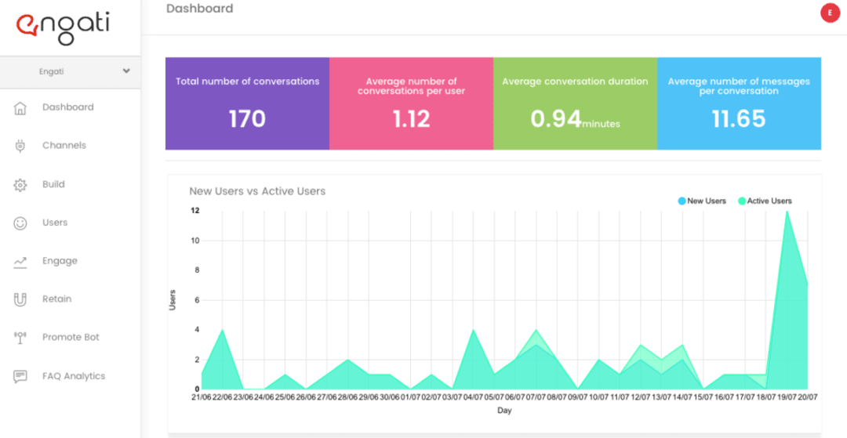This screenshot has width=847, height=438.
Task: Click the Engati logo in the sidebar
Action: tap(63, 27)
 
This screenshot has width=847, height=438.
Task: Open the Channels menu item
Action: tap(64, 146)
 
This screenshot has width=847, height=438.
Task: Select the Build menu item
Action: tap(53, 185)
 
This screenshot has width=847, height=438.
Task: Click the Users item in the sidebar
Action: tap(55, 223)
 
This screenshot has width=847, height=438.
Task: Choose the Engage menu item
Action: tap(60, 261)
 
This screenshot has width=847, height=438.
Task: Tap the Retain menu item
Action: tap(56, 299)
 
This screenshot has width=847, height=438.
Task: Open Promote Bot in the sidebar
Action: tap(71, 338)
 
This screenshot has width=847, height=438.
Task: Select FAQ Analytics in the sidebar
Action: tap(73, 376)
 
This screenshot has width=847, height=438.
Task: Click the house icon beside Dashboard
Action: tap(20, 108)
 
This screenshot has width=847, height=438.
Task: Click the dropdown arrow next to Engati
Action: tap(126, 71)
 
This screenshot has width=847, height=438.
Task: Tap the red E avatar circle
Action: tap(830, 13)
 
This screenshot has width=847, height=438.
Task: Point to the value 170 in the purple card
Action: tap(247, 119)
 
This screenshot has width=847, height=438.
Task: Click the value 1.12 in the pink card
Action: tap(411, 119)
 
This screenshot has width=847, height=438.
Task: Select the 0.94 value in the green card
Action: tap(556, 119)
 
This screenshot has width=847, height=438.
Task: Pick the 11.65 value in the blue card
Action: tap(739, 119)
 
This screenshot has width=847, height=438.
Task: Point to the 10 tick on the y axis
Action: tap(195, 241)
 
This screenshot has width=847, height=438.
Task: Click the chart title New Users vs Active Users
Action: tap(257, 191)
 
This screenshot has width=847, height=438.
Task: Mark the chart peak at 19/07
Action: tap(786, 212)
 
